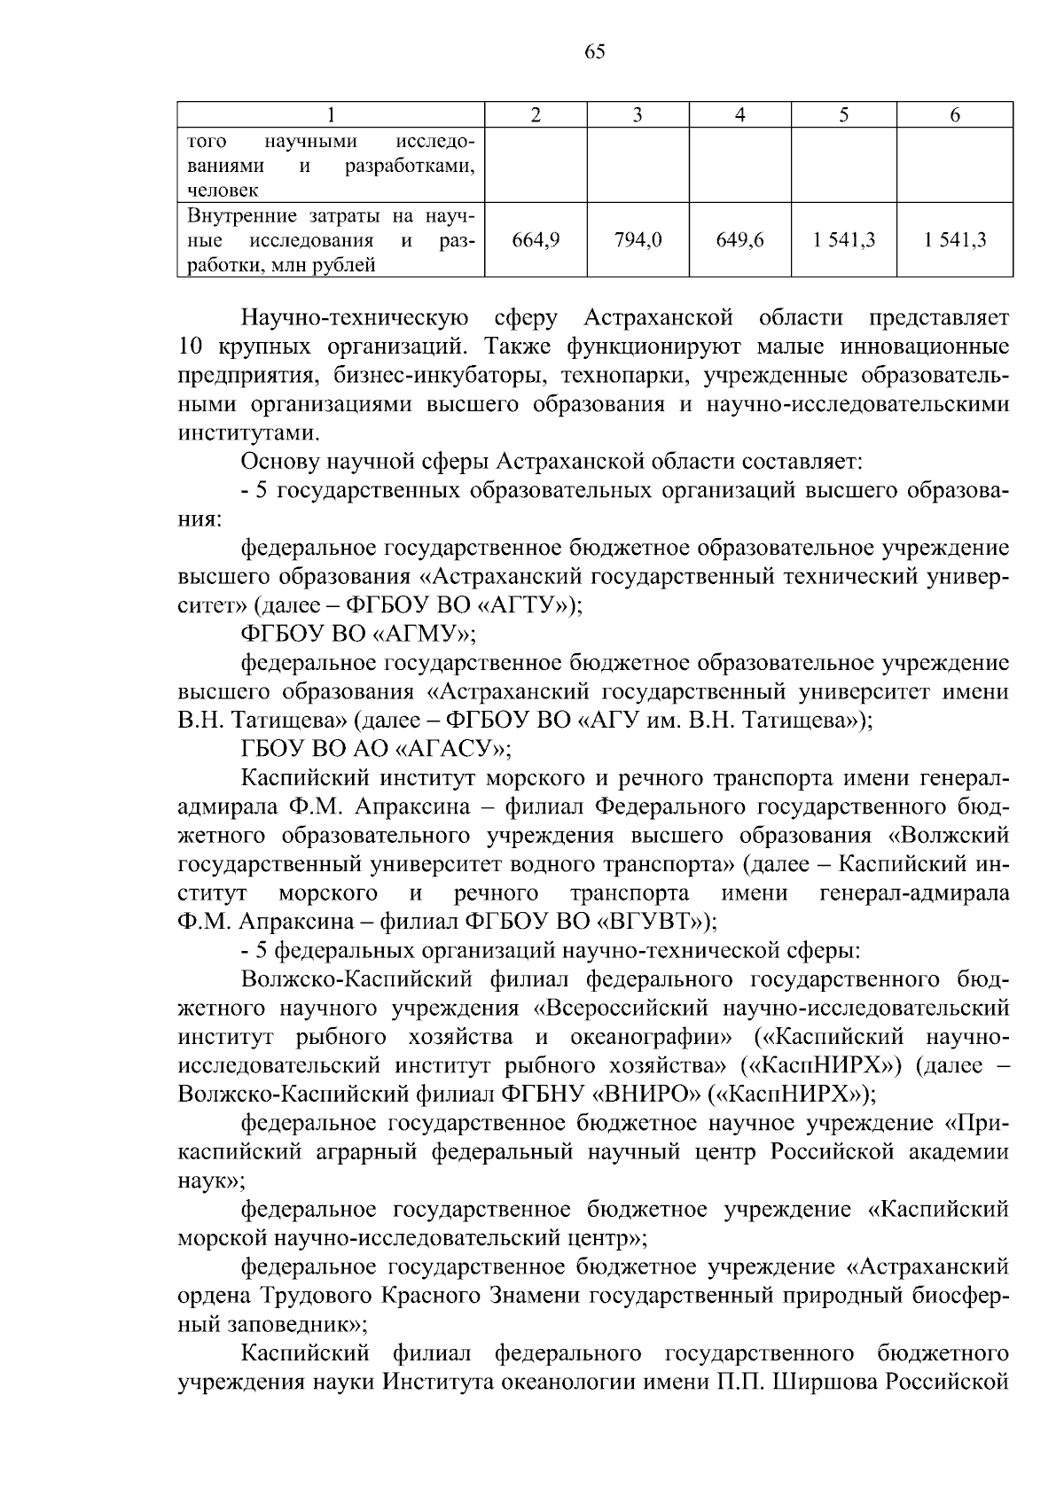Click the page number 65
point(595,51)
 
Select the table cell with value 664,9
point(536,239)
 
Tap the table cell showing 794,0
point(638,239)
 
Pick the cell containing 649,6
point(740,239)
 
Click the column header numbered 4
point(740,114)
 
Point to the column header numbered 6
point(955,114)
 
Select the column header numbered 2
point(536,114)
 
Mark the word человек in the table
point(223,189)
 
